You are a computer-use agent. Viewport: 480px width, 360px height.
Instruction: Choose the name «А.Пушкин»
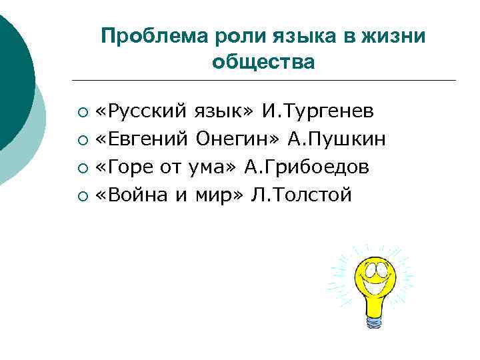click(x=335, y=139)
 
